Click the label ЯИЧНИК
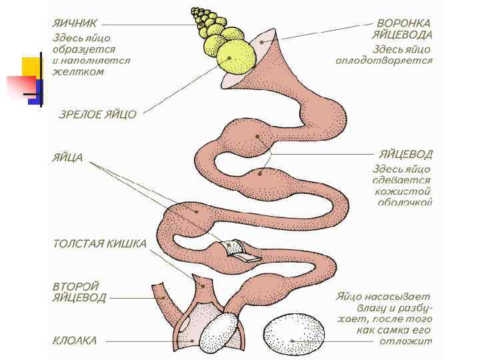[x=76, y=23]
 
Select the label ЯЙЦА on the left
[x=67, y=158]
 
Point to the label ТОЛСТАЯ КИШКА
[x=99, y=243]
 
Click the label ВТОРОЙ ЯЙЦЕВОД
[x=79, y=292]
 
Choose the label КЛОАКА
[x=75, y=340]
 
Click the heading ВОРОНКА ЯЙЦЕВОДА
[x=404, y=29]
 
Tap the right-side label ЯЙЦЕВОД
[x=405, y=154]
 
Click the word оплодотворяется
[x=384, y=61]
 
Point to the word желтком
[x=78, y=71]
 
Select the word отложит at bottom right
[x=405, y=341]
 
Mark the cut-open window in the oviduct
[x=240, y=249]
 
